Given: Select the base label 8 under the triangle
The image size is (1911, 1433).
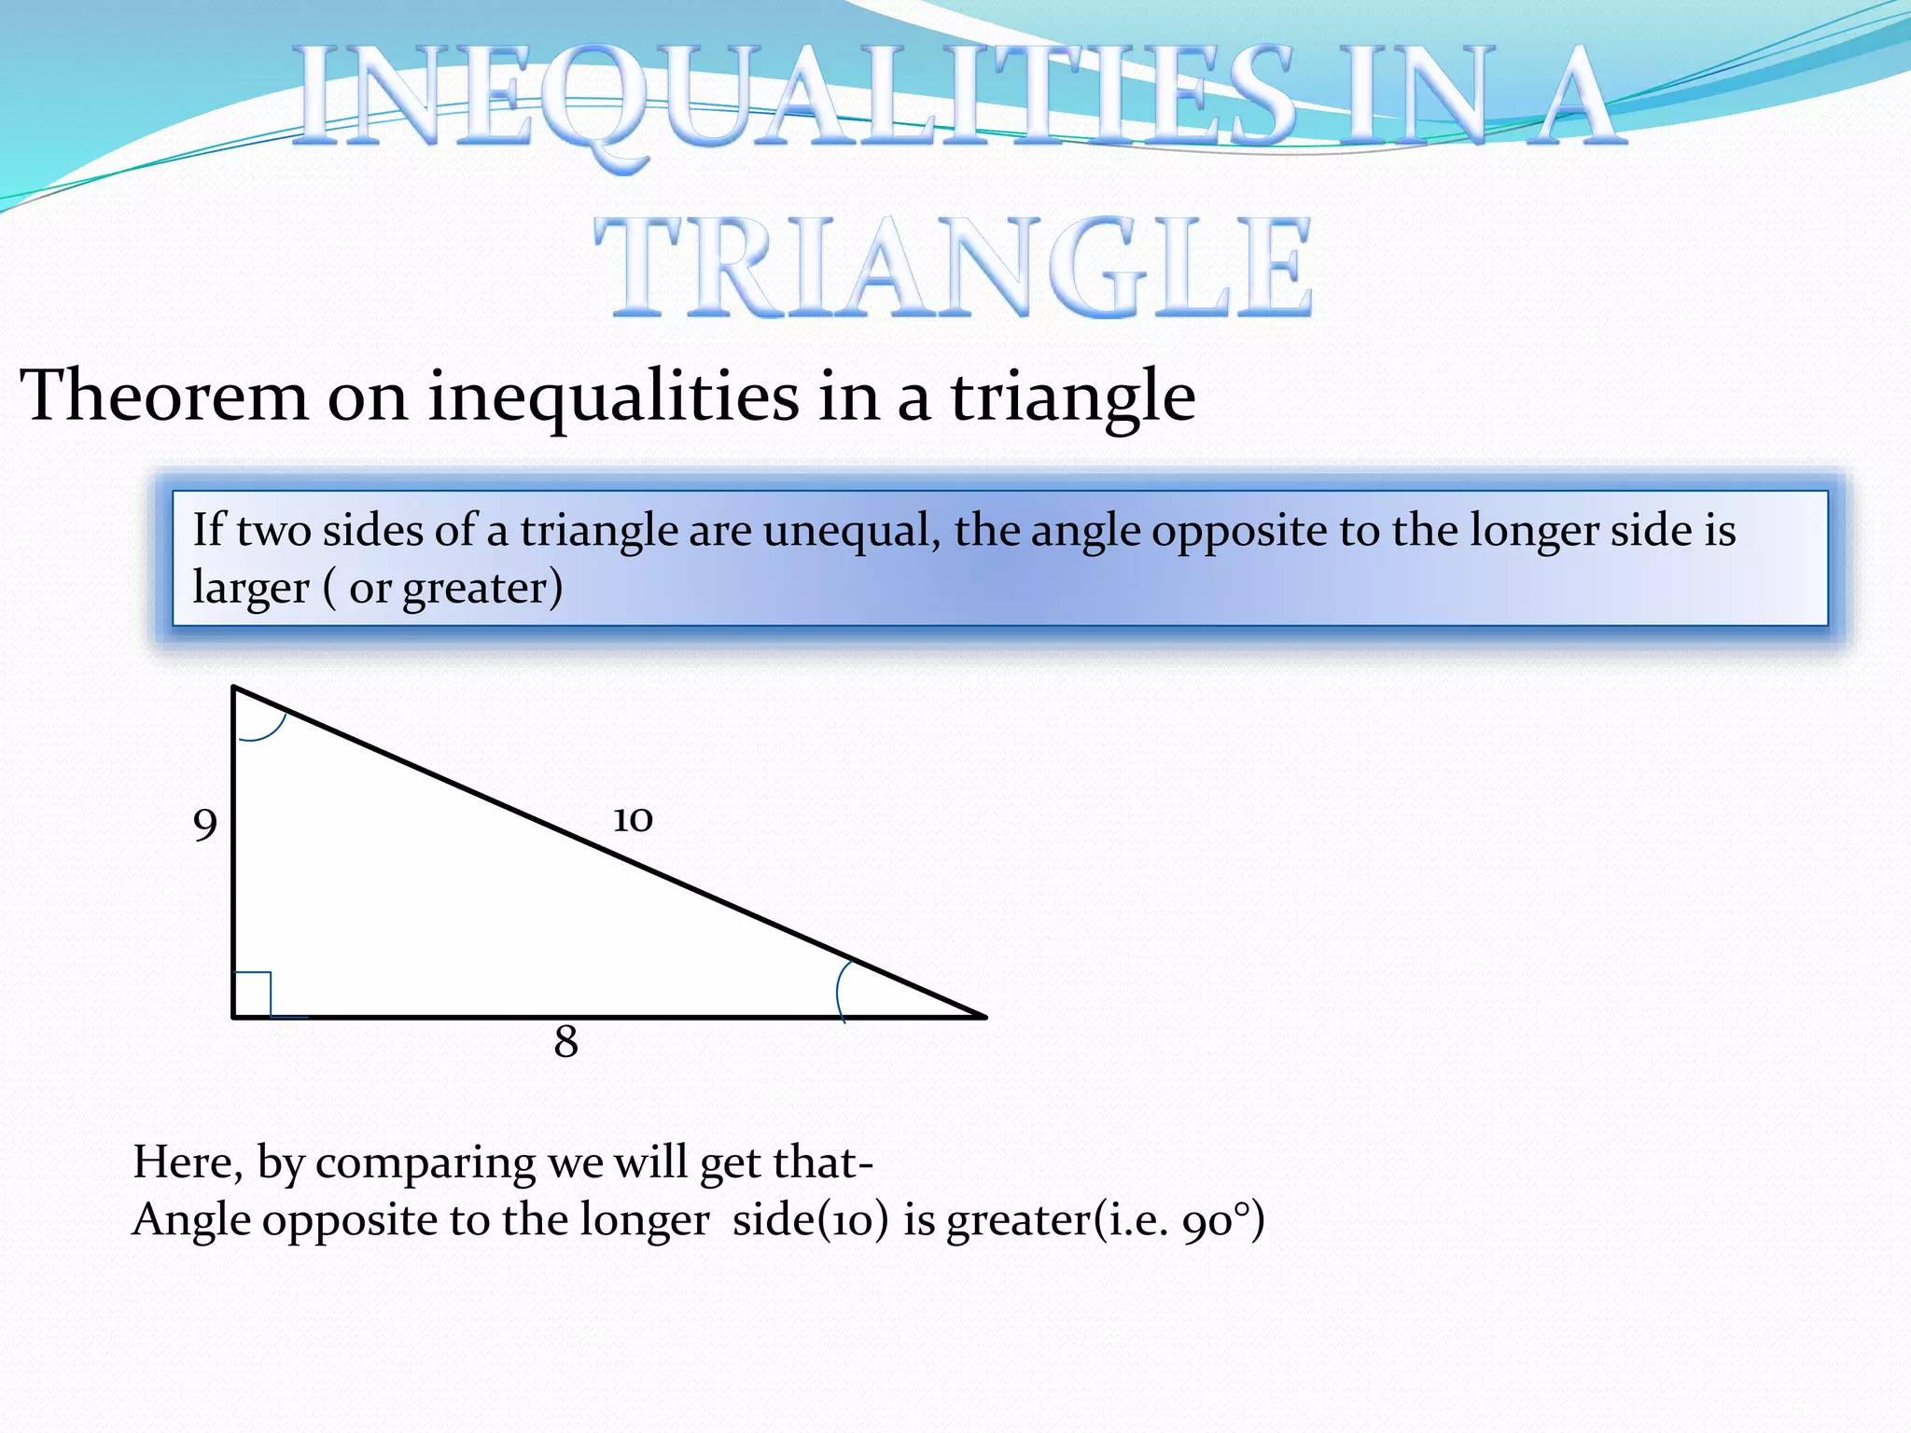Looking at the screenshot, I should click(565, 1042).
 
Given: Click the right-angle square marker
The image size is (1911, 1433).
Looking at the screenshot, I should click(252, 994).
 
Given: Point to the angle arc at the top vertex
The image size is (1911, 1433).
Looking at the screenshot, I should click(264, 727).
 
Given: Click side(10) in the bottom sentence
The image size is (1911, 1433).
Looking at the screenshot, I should click(810, 1220).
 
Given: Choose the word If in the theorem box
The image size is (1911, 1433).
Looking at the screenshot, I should click(209, 530).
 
